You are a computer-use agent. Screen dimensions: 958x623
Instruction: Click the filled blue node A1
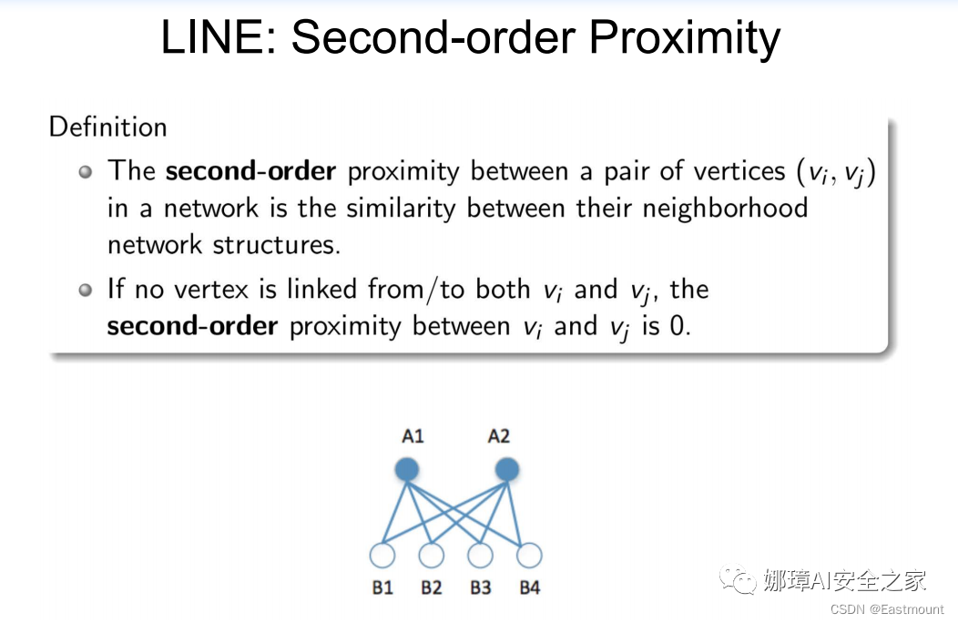[x=407, y=470]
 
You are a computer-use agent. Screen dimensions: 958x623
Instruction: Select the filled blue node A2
[x=506, y=470]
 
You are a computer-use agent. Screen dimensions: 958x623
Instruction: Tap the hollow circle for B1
[x=382, y=555]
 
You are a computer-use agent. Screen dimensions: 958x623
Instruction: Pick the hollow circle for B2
[x=432, y=555]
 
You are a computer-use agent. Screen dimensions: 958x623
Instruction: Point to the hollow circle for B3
[x=481, y=555]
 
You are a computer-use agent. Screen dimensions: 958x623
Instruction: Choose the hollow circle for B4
[x=529, y=555]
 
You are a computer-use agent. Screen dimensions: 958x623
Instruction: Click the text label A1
[x=413, y=436]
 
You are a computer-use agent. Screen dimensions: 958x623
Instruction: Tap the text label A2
[x=499, y=436]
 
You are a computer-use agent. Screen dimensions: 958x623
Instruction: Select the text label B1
[x=382, y=587]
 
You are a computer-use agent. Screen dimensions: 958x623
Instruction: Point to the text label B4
[x=530, y=587]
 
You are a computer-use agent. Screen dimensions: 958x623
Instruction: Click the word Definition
[x=107, y=127]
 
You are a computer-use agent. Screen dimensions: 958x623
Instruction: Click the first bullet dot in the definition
[x=86, y=171]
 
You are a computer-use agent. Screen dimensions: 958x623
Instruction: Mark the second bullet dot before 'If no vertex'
[x=86, y=290]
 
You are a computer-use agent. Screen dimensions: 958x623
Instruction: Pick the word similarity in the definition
[x=403, y=208]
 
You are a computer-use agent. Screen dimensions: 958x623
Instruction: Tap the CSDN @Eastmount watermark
[x=887, y=608]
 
